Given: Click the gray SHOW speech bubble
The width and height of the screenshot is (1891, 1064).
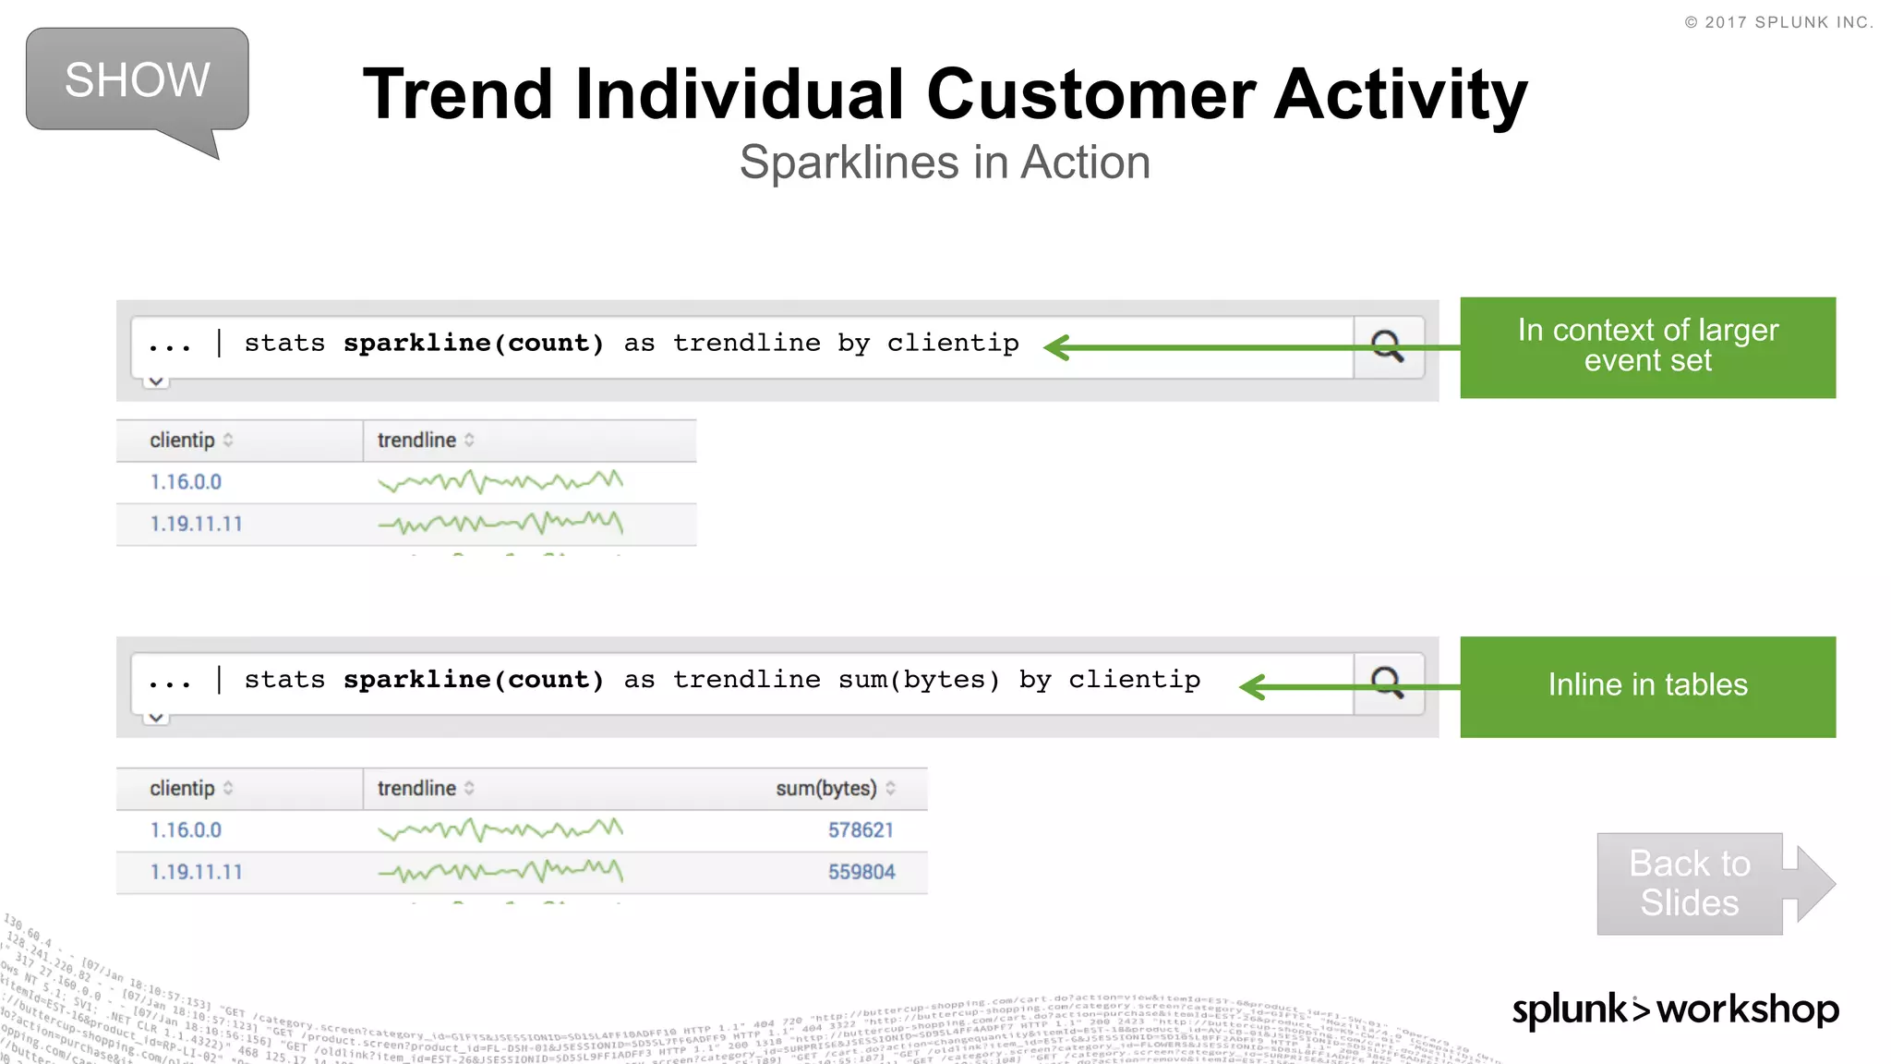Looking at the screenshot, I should [137, 80].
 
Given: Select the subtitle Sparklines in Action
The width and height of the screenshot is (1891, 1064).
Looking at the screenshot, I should [945, 163].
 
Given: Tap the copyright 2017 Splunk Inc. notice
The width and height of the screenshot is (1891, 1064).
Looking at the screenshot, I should [1778, 22].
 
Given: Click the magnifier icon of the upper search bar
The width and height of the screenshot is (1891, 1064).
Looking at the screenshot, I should [1388, 346].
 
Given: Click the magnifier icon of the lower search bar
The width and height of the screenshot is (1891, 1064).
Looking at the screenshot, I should [1388, 683].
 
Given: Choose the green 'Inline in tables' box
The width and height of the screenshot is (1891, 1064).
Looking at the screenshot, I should [1647, 686].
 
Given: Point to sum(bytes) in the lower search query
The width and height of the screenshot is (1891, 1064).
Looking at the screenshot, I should [919, 681].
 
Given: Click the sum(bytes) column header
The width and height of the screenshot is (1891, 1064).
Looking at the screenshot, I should [826, 789].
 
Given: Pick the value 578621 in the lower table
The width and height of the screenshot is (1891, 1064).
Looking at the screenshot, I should [861, 830].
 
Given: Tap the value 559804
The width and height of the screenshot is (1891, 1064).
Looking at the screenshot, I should [861, 872].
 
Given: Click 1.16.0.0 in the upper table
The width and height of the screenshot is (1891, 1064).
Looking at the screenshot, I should [186, 482].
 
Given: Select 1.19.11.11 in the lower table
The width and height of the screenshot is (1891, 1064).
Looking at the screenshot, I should [196, 872].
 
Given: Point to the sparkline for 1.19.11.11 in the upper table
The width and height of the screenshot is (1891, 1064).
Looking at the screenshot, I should [500, 524].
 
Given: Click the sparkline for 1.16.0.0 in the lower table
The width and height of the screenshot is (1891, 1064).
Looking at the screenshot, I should [500, 829].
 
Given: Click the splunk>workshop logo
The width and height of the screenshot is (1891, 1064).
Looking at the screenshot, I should [1675, 1010].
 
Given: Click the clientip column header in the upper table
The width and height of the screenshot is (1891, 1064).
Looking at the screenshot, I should [183, 441].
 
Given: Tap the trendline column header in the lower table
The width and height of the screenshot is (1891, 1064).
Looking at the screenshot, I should [417, 789].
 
